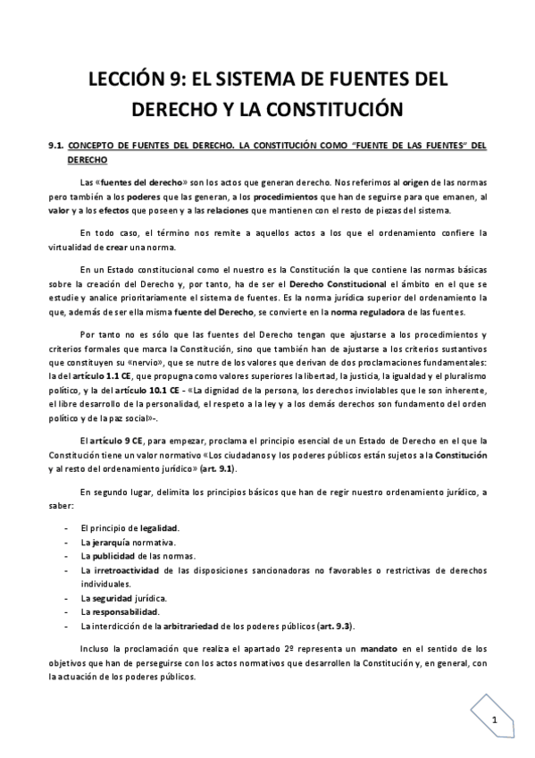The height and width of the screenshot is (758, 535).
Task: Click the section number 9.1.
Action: (55, 144)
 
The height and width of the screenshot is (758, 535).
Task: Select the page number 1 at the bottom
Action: (494, 720)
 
